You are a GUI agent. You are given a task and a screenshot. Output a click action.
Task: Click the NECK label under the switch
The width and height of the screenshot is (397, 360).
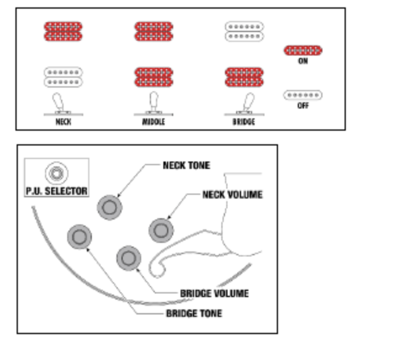[x=63, y=122]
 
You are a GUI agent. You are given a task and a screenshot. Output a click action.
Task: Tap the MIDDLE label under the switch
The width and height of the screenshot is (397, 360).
[x=153, y=122]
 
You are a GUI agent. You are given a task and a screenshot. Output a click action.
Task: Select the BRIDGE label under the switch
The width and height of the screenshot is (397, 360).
[x=244, y=122]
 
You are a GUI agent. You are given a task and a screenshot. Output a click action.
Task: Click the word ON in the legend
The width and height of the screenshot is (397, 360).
[x=303, y=62]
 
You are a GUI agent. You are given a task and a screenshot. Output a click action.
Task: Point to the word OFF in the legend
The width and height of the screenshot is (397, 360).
[x=303, y=106]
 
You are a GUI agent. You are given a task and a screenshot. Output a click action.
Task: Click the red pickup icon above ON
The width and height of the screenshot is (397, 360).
[x=303, y=51]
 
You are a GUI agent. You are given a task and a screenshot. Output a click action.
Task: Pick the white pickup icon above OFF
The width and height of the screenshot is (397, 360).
[x=303, y=95]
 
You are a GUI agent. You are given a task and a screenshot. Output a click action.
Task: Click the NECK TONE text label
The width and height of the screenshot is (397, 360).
[x=186, y=166]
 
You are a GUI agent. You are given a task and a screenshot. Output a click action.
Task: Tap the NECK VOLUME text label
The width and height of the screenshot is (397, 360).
[x=232, y=195]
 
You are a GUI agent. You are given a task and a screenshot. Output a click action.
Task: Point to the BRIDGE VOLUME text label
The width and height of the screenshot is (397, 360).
[x=215, y=293]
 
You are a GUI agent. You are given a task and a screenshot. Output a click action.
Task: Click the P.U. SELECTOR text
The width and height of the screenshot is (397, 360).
[x=57, y=191]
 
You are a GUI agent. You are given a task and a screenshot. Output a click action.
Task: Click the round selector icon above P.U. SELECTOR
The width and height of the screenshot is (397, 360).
[x=57, y=173]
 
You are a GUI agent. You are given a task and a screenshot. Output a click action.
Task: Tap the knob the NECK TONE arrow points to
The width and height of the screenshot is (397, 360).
[x=109, y=208]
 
